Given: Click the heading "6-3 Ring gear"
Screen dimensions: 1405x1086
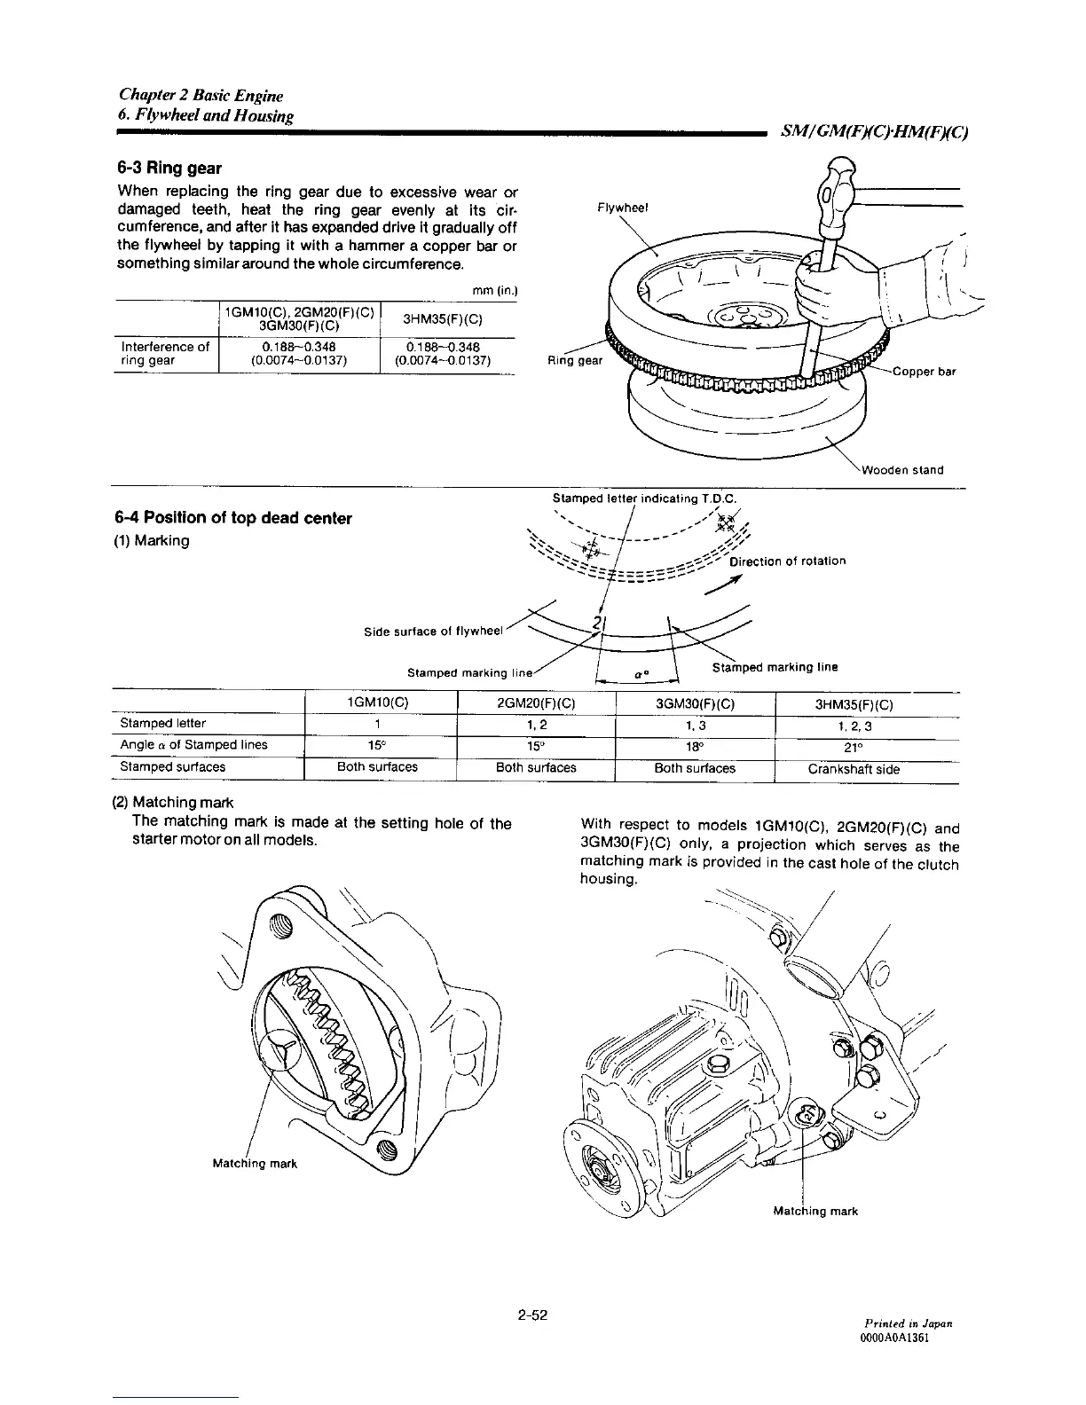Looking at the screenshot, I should coord(169,169).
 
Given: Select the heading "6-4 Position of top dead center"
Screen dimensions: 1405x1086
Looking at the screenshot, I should coord(233,518).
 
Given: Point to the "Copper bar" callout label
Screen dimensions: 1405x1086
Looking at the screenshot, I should coord(924,372).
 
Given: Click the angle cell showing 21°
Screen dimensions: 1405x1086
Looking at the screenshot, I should coord(853,746).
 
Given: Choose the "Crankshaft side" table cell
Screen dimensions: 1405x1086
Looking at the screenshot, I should coord(854,769).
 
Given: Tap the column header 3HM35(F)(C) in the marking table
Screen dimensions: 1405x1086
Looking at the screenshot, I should coord(854,706).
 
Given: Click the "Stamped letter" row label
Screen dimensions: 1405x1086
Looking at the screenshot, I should coord(163,723).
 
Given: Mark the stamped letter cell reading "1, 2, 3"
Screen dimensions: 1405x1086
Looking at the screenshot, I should coord(853,726).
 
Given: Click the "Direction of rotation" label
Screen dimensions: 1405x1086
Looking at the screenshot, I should coord(787,561).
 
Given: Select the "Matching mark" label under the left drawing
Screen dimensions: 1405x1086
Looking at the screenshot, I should coord(254,1164).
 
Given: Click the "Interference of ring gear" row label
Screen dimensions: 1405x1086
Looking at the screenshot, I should coord(165,354).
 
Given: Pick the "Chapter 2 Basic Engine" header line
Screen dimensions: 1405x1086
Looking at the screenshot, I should coord(201,96).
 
